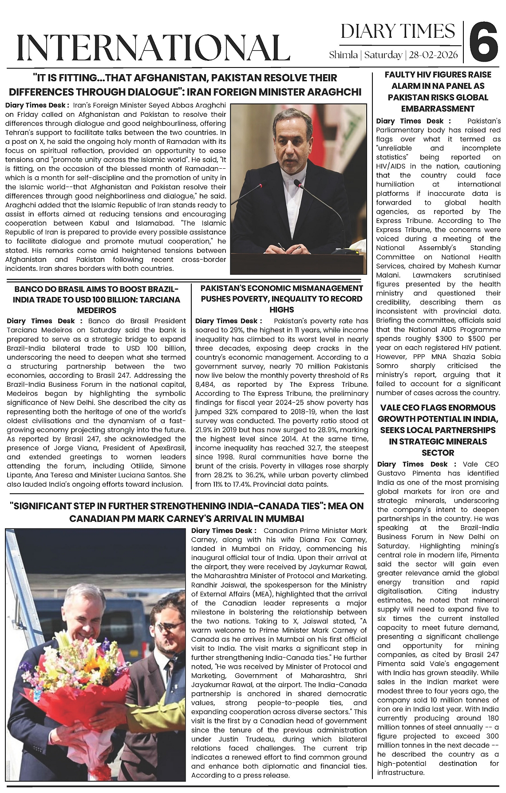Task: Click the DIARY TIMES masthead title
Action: point(398,31)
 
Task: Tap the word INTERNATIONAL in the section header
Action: point(153,47)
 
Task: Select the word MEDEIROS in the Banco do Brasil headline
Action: point(97,310)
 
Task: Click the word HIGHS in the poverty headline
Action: point(281,309)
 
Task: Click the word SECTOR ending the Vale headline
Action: point(438,453)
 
